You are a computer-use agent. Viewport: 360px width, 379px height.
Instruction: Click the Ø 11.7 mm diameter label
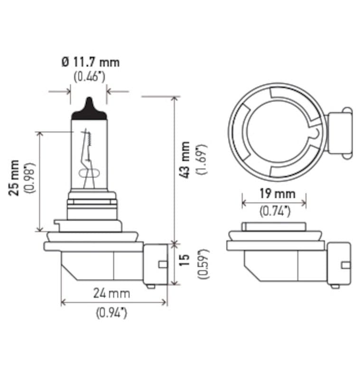click(x=90, y=62)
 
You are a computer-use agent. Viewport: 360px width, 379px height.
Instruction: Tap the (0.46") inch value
click(x=90, y=76)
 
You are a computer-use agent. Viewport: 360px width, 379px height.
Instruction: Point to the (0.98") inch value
click(x=29, y=178)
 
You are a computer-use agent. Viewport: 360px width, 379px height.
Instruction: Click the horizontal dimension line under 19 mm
click(x=274, y=203)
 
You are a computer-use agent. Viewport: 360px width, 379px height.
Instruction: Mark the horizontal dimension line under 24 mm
click(x=114, y=302)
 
